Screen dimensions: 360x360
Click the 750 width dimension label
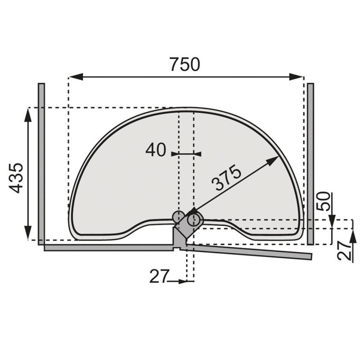185,64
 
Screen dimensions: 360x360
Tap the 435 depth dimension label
16,178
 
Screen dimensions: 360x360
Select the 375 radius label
226,177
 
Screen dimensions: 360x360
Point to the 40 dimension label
156,150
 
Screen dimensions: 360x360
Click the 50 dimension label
323,201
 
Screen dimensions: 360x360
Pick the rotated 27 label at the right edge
345,251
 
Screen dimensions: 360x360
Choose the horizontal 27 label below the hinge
159,276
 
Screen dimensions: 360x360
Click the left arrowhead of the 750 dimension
76,77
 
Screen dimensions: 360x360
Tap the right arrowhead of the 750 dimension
296,77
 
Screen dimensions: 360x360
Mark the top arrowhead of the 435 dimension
28,115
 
